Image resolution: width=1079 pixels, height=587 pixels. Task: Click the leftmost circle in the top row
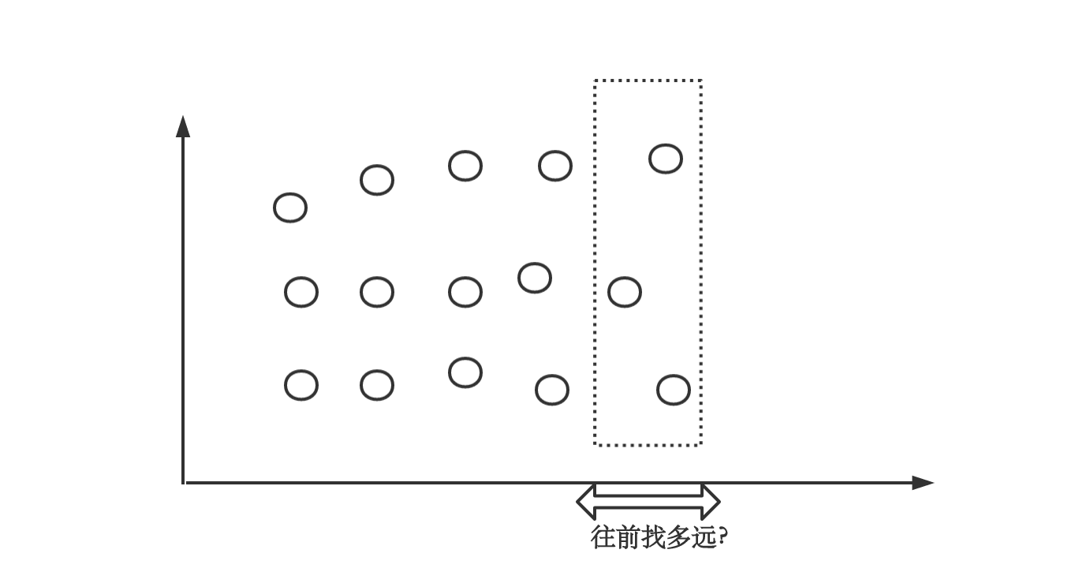coord(290,208)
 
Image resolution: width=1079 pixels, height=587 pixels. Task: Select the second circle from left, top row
coord(377,180)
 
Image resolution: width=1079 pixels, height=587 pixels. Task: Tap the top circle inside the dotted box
coord(666,159)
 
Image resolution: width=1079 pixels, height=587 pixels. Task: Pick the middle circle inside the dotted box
coord(625,292)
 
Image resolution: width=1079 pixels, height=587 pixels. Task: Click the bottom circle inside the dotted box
coord(674,390)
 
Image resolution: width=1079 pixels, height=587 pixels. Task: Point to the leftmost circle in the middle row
coord(301,292)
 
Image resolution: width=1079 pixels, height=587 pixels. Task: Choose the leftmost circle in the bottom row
coord(301,385)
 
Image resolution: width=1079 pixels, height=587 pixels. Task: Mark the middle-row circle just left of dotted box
coord(535,278)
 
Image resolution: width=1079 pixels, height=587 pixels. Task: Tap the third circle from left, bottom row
coord(465,372)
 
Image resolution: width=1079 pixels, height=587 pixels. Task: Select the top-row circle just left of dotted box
coord(555,166)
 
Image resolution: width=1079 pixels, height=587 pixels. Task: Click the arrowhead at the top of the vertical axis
coord(183,126)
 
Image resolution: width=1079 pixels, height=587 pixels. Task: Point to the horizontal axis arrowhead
coord(923,483)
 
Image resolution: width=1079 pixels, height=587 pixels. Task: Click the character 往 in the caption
coord(603,538)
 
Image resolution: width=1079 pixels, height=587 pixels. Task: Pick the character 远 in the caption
coord(708,538)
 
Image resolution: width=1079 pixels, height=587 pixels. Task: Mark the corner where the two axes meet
coord(184,482)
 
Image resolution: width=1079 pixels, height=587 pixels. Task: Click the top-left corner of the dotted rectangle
coord(595,80)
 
